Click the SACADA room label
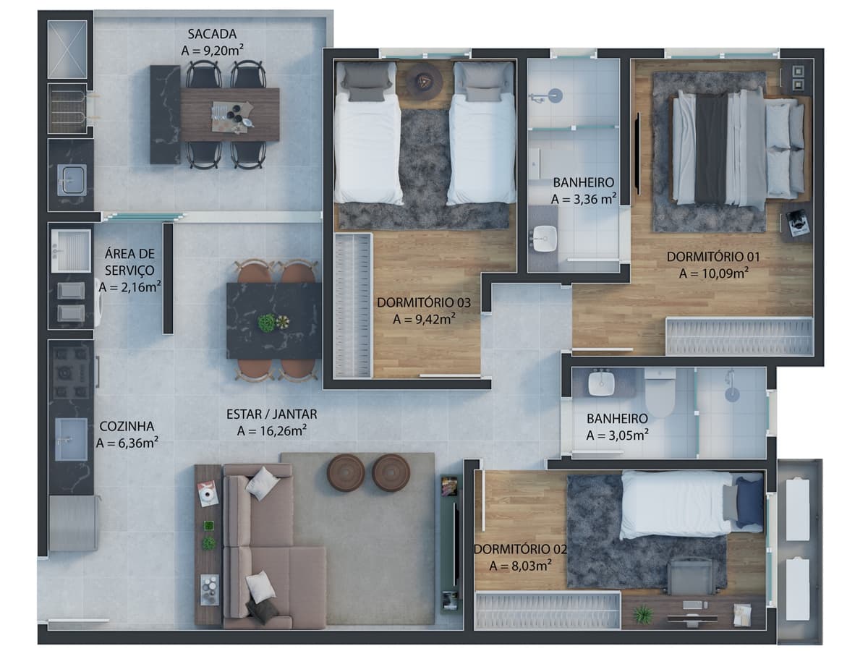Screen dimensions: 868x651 point(212,34)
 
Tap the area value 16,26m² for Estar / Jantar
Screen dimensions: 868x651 point(272,431)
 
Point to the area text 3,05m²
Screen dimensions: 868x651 point(617,435)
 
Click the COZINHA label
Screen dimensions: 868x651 point(127,426)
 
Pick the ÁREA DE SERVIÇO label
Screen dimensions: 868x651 point(129,262)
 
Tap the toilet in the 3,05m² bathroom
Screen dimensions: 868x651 point(660,393)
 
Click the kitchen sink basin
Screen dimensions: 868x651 point(71,439)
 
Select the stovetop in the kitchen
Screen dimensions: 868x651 point(71,373)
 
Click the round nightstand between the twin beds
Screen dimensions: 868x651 point(425,80)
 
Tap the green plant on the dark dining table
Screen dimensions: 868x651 point(266,323)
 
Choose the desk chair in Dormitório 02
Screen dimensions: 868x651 point(692,577)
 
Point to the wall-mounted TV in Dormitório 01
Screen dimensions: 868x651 point(637,153)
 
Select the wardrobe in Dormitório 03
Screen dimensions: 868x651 point(352,305)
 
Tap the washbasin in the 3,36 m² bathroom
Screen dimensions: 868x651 point(545,239)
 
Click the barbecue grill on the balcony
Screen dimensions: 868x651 point(67,108)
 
